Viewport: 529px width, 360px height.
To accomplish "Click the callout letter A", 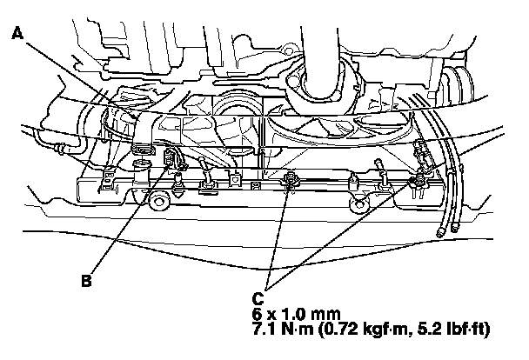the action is (17, 34).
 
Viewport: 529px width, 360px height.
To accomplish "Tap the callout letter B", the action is (86, 281).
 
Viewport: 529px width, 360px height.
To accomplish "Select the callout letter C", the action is (258, 299).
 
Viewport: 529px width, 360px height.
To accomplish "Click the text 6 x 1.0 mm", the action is (296, 314).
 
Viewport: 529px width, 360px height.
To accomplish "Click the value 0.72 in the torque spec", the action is (339, 330).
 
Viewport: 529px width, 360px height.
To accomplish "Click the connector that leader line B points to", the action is (170, 158).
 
